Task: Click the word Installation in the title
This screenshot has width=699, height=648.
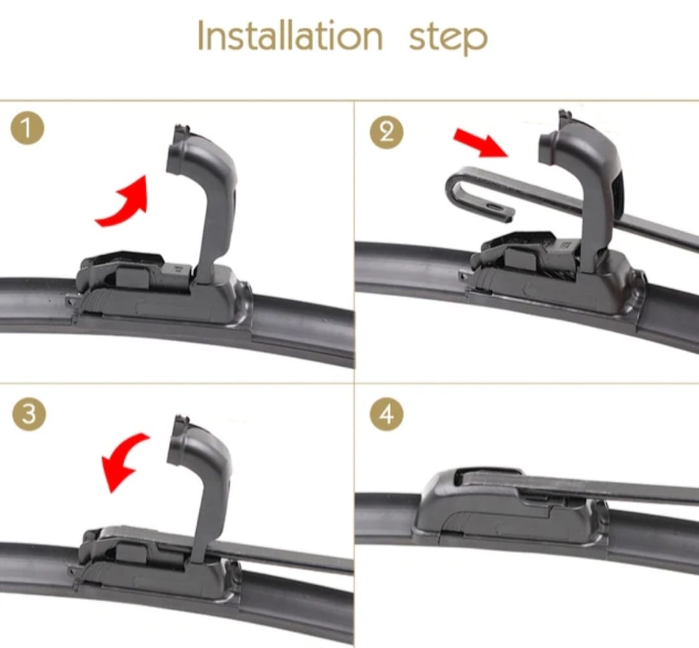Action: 290,35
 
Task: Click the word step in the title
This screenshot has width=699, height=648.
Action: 448,38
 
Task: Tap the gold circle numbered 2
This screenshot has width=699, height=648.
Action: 386,133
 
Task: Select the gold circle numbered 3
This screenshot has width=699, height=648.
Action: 29,414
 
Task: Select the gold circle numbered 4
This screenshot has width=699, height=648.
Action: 386,414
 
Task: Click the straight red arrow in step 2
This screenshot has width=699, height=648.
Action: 480,142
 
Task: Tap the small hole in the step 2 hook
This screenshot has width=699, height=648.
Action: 493,207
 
